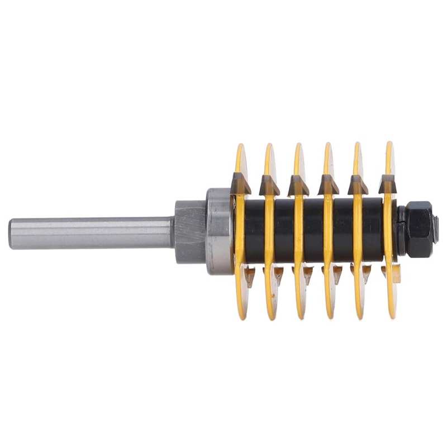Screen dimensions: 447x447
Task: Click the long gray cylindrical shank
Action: (89, 233)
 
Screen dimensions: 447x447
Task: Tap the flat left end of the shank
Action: (11, 234)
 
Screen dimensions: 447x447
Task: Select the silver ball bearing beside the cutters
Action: (219, 231)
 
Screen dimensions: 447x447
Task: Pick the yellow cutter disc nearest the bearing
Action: (240, 162)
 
